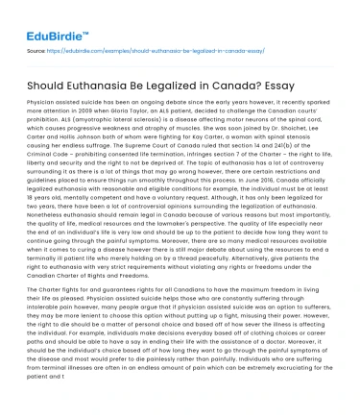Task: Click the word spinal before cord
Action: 308,119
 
